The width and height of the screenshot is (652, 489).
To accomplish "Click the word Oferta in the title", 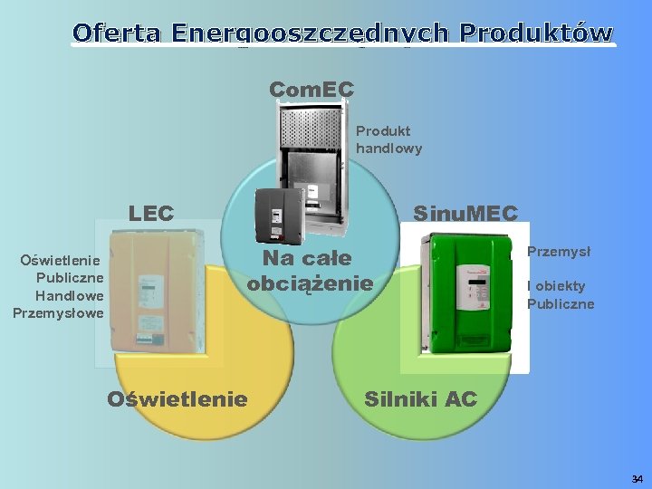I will tap(115, 33).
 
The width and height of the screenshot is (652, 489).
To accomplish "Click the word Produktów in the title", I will tap(536, 33).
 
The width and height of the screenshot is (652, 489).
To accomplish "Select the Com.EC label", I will tap(312, 89).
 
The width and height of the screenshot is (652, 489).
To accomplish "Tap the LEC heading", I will tap(151, 214).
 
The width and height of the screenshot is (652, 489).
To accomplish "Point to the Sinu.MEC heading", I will tap(465, 214).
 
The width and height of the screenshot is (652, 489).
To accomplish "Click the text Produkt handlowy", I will tap(388, 139).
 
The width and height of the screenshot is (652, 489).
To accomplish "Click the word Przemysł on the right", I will tap(559, 253).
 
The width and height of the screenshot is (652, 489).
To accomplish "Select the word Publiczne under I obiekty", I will tap(561, 304).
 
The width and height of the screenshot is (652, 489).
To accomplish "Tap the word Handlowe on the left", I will tap(70, 295).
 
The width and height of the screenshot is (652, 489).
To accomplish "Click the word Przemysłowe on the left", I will tap(59, 313).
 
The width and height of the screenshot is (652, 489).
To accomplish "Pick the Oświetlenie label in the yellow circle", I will tap(177, 399).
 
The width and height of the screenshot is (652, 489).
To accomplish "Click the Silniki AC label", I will tap(420, 399).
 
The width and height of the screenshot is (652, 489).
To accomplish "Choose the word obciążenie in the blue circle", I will tap(310, 283).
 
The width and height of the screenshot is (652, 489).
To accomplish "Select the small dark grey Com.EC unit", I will tap(277, 215).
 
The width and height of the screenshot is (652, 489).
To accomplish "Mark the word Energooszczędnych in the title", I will tap(308, 33).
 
